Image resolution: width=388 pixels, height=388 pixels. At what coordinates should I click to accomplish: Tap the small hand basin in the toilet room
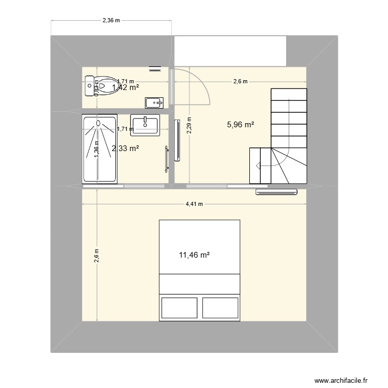(155, 102)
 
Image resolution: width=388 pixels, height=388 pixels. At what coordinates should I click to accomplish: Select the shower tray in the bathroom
(99, 149)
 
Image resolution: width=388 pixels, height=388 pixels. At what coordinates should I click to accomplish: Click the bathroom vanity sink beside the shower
(145, 124)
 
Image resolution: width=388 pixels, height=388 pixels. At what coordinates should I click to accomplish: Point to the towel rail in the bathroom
(167, 158)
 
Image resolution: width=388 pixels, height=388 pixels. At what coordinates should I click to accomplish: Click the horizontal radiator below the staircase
(277, 192)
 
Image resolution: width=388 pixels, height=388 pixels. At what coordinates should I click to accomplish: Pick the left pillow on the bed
(179, 307)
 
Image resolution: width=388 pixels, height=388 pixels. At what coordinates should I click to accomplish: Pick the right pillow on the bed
(220, 307)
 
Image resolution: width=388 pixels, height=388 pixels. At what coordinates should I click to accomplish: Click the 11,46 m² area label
(194, 255)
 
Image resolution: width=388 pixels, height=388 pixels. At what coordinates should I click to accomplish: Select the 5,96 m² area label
(241, 124)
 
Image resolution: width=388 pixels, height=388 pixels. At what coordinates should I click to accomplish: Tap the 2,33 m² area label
(125, 148)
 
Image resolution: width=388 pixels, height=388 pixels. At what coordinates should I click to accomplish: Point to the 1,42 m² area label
(125, 87)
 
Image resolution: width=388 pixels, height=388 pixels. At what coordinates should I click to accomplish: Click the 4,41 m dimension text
(194, 204)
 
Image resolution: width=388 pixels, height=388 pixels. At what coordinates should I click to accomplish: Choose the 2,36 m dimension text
(111, 21)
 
